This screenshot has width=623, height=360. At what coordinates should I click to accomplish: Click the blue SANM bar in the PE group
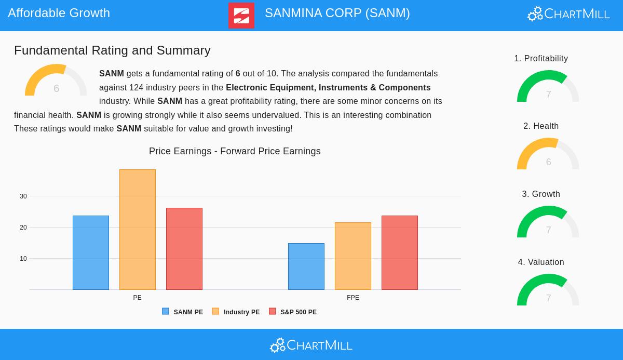[x=91, y=252]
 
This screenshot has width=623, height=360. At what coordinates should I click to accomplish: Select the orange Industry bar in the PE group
[x=138, y=230]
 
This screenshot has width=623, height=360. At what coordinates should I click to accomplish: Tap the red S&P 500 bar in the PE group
[x=184, y=249]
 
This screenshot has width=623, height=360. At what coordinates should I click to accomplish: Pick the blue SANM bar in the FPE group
[x=306, y=266]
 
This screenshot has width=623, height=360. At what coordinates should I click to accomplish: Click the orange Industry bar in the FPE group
[x=353, y=256]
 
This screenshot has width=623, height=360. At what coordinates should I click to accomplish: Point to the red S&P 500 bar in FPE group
[x=400, y=252]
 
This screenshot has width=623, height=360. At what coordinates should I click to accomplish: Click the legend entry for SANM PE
[x=183, y=312]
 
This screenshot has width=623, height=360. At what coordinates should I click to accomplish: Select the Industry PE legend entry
[x=236, y=312]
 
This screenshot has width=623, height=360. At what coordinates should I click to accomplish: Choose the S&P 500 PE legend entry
[x=293, y=312]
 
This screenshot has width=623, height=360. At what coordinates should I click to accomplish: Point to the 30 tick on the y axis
[x=23, y=196]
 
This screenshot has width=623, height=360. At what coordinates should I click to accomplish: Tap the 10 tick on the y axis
[x=23, y=259]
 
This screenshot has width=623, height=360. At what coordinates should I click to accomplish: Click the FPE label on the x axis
[x=353, y=298]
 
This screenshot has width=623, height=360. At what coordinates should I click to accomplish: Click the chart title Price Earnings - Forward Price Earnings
[x=235, y=151]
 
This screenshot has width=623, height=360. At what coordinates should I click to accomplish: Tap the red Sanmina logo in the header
[x=241, y=16]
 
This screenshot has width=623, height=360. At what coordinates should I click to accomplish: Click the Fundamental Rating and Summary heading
[x=112, y=50]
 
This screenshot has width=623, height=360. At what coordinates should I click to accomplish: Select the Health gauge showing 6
[x=548, y=155]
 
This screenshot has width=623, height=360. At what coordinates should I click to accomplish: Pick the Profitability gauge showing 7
[x=548, y=87]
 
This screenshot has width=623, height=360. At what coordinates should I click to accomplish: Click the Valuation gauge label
[x=541, y=262]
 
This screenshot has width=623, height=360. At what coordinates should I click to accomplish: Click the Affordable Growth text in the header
[x=59, y=13]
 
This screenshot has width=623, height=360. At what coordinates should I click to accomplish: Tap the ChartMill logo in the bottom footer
[x=311, y=345]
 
